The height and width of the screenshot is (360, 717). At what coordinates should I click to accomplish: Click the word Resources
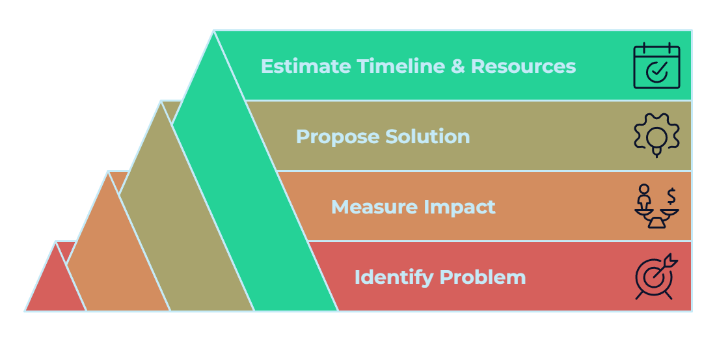pos(523,66)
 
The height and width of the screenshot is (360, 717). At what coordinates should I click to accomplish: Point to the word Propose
pos(337,137)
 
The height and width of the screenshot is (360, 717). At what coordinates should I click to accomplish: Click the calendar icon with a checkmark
pos(656,66)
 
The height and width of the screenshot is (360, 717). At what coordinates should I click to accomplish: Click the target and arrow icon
pos(656,277)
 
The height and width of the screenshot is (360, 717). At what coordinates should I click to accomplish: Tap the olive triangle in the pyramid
pos(176,234)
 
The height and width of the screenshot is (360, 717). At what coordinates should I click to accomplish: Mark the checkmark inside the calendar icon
pos(656,72)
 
